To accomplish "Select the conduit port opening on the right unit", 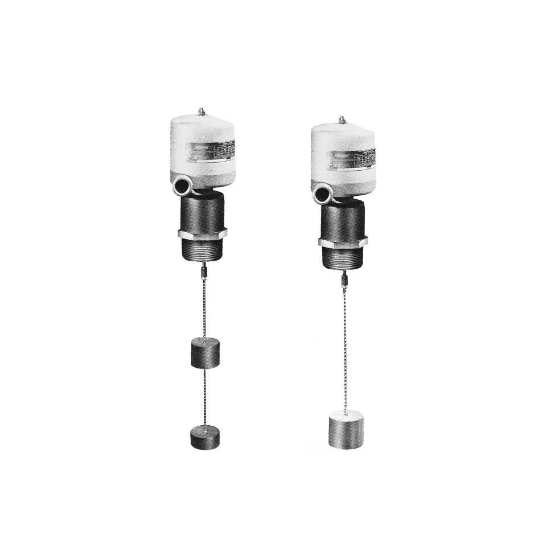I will coord(320,194).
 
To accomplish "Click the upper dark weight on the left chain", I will coord(204,352).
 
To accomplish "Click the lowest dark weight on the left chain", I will coord(204,435).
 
